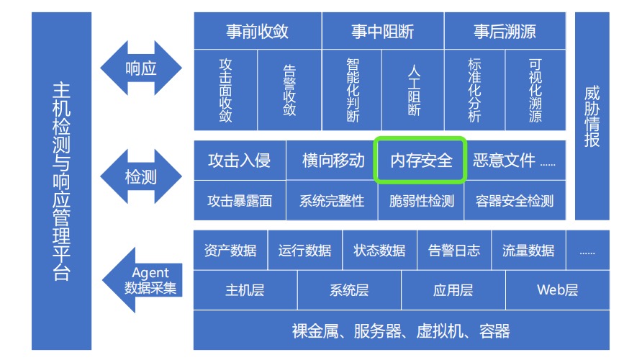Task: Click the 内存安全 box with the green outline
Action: (421, 160)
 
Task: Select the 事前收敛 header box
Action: (257, 31)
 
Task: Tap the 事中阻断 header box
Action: (382, 31)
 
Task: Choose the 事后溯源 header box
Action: (505, 31)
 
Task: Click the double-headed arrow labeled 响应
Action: (141, 68)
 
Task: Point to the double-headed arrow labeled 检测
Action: (141, 176)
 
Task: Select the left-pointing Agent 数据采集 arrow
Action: (144, 280)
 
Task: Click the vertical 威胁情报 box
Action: (592, 115)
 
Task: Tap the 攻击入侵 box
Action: (239, 160)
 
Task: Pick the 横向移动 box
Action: (330, 160)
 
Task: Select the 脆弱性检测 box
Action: (421, 201)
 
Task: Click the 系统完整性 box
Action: (332, 201)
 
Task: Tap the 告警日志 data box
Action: (453, 251)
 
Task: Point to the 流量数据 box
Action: (528, 251)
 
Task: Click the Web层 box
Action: (557, 290)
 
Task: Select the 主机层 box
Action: (245, 290)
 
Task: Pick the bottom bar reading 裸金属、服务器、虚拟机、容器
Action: (401, 331)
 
